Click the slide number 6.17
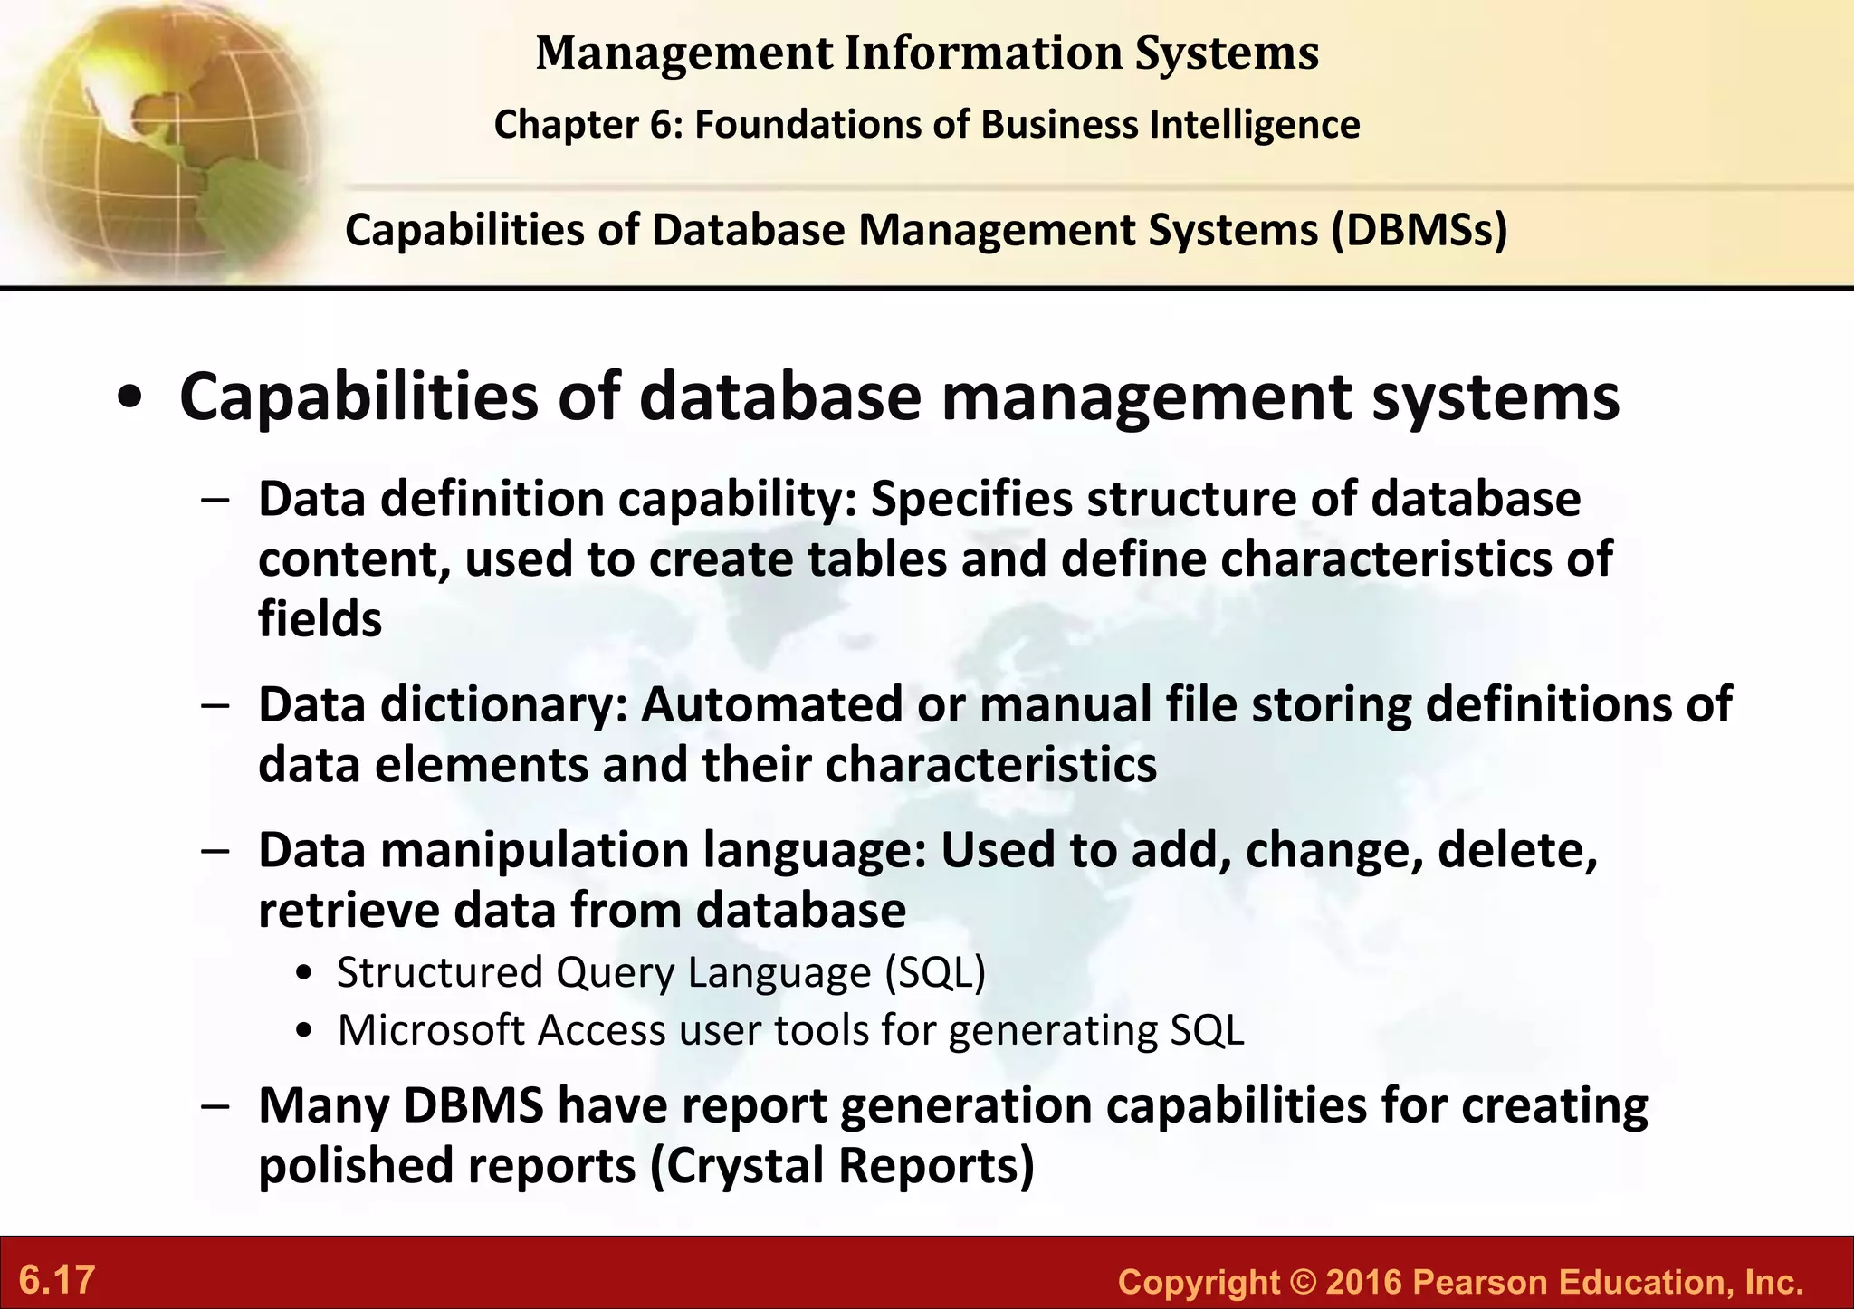57,1280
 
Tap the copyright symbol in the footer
1302,1282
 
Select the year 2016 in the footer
1362,1282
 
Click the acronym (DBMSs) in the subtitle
1419,230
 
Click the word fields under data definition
320,620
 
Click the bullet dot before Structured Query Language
305,975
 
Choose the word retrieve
349,911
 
